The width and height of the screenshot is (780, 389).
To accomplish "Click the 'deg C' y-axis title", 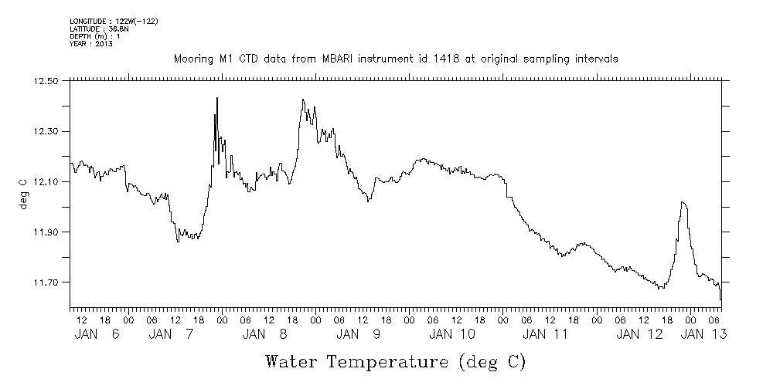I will coord(22,194).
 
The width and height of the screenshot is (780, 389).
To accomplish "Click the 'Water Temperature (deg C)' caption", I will coord(396,361).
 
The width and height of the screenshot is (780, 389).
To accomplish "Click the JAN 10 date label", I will coord(452,334).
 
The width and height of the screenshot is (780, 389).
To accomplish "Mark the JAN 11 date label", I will coord(545,334).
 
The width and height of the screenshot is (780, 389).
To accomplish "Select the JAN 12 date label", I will coord(639,334).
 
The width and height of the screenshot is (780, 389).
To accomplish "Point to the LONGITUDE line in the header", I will coord(114,21).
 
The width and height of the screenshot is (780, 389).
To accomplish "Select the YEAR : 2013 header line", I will coord(91,44).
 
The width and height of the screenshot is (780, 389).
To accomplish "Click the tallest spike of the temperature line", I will coord(217,99).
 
